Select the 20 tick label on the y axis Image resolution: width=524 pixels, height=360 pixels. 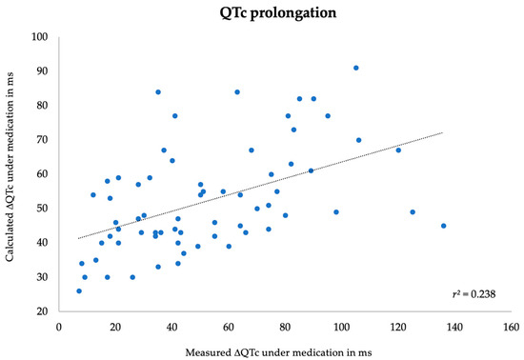point(41,311)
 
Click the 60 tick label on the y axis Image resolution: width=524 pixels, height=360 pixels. point(41,174)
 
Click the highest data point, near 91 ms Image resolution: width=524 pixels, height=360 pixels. point(356,68)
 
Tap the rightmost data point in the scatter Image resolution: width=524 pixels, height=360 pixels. point(443,226)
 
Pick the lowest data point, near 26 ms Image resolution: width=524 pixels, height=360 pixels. point(79,290)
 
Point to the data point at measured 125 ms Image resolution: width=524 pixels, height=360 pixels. point(413,211)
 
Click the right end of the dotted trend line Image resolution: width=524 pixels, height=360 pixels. point(443,132)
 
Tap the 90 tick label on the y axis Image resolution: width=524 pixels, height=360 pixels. point(41,71)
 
